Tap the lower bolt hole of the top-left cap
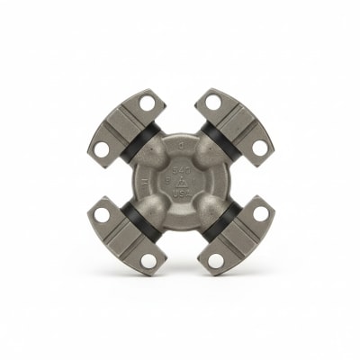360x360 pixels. coord(103,145)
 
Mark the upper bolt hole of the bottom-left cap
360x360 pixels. coord(102,215)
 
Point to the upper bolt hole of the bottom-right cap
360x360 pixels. coord(257,215)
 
